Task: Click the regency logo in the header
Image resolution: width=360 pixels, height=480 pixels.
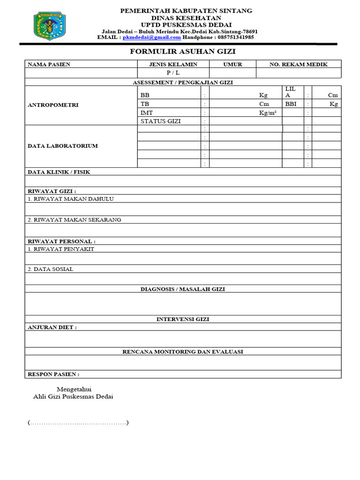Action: pos(50,26)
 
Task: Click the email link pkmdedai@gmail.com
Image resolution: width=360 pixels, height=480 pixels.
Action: pos(152,37)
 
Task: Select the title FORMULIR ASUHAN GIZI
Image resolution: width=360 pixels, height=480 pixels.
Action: pos(182,51)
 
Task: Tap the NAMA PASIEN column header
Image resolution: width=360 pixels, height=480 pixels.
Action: pos(49,64)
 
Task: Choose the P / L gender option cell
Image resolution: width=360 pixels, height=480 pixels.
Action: pos(173,73)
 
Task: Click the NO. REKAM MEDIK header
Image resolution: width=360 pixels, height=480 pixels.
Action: pos(298,64)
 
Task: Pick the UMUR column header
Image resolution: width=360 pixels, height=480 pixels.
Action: pos(232,64)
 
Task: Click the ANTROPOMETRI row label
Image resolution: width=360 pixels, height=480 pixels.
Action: pos(53,105)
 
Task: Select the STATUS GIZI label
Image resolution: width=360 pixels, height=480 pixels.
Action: pos(160,121)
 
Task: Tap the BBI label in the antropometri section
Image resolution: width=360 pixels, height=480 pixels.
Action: pos(291,104)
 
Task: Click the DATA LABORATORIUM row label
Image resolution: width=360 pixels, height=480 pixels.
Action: pos(63,146)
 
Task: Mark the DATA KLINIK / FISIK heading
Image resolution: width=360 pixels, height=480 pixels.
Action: pos(59,172)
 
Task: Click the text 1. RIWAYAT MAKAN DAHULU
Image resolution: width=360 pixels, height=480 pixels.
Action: pos(70,199)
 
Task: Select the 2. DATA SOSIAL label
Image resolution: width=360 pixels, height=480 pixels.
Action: pos(50,269)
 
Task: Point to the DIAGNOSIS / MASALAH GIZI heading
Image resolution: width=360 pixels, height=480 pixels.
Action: pos(182,289)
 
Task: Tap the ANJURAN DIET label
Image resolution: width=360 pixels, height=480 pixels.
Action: pos(52,327)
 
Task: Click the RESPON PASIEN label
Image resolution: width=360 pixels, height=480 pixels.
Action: pos(53,374)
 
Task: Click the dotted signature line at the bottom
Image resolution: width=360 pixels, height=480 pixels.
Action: pos(78,423)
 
